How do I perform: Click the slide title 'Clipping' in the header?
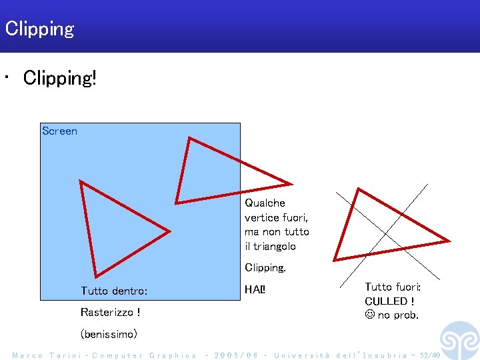(x=39, y=29)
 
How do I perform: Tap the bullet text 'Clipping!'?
(x=60, y=78)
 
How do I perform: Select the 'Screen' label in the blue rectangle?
(x=59, y=131)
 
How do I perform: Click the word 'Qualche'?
(x=265, y=203)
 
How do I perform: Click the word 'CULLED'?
(x=386, y=301)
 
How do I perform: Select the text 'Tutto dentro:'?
(x=114, y=291)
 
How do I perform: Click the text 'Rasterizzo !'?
(x=110, y=312)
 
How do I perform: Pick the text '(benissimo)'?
(x=109, y=333)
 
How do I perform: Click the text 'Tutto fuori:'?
(x=393, y=287)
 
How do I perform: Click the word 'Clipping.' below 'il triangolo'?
(x=265, y=267)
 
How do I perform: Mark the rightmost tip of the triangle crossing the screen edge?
(x=291, y=184)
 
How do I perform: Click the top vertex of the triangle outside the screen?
(x=359, y=190)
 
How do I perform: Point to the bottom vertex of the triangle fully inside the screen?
(x=97, y=276)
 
